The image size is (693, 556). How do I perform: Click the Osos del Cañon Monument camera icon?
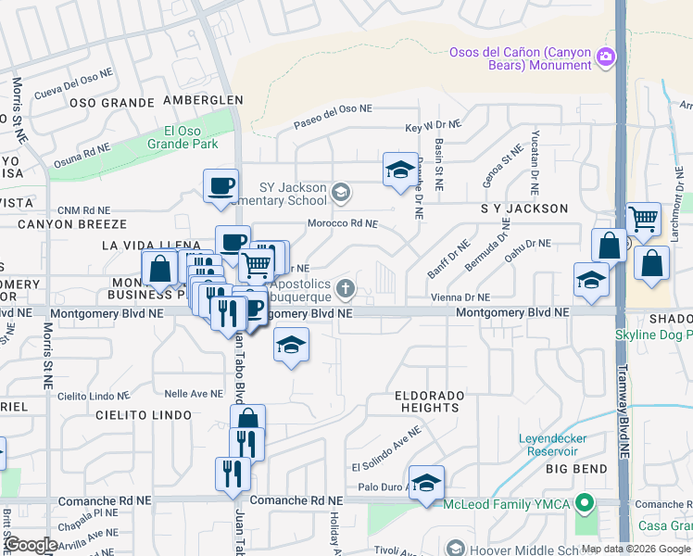[x=606, y=58]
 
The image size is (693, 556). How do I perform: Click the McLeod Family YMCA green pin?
[x=583, y=504]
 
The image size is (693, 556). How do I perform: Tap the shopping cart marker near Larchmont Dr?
[x=643, y=219]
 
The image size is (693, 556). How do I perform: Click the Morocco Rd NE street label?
[x=343, y=223]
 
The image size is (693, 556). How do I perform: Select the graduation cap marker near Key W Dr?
[x=399, y=170]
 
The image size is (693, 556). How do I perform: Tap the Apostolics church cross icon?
[x=346, y=288]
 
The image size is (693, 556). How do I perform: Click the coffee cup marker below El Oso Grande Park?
[x=221, y=185]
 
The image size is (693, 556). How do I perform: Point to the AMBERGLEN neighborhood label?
[x=203, y=100]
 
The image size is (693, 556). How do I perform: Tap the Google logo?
[x=30, y=545]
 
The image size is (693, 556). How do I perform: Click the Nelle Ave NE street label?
[x=187, y=394]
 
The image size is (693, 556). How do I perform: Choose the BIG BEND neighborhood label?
[x=575, y=470]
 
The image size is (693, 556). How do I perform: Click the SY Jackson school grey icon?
[x=341, y=192]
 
